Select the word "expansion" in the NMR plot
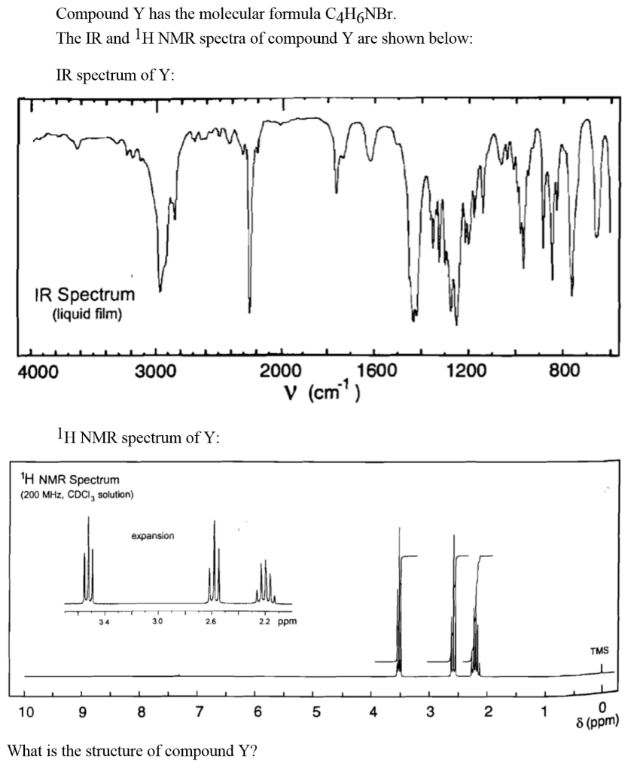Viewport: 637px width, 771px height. click(x=153, y=536)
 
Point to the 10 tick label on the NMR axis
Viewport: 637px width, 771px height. click(x=26, y=712)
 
